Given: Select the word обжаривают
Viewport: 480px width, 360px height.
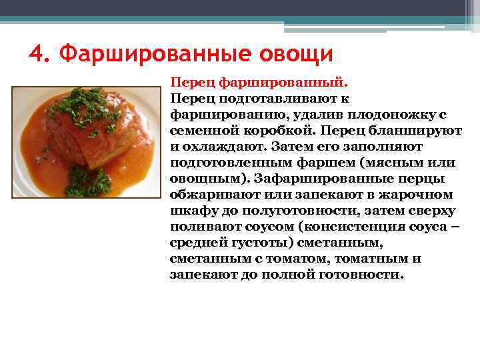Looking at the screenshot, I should pos(219,195).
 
